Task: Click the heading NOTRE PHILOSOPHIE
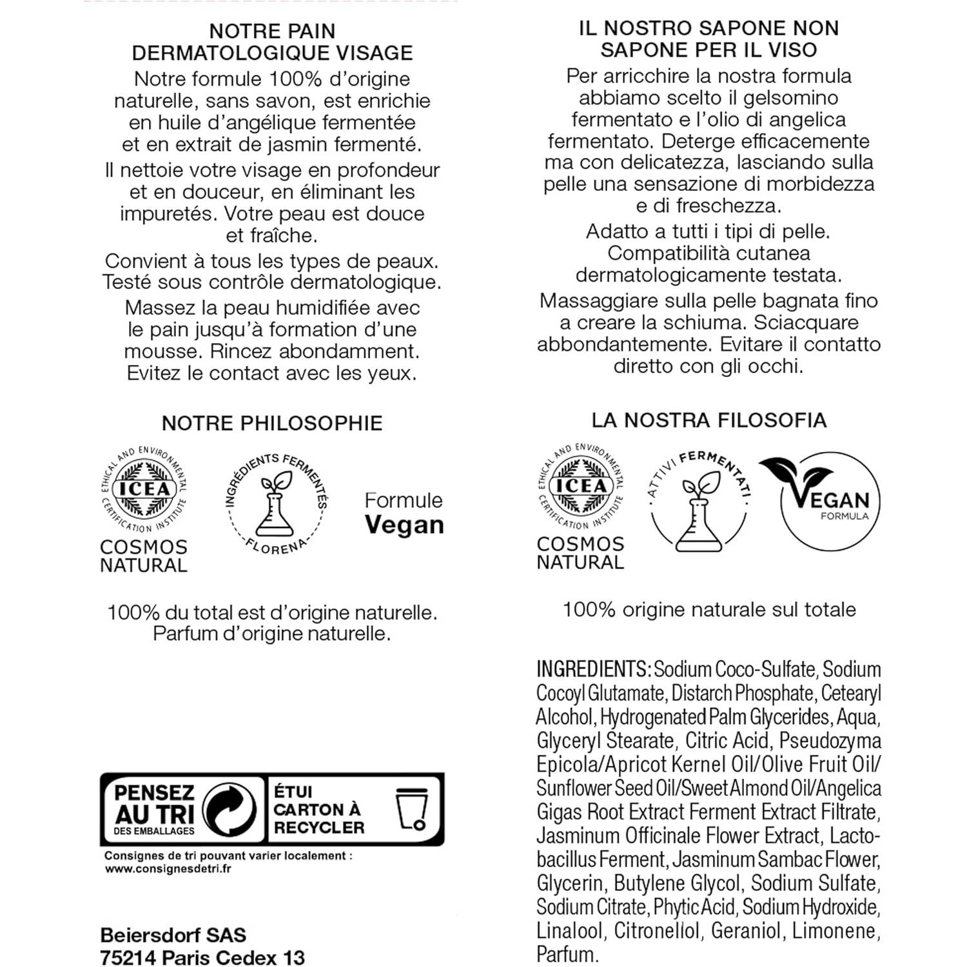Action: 271,423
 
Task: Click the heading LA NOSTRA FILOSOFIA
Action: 708,420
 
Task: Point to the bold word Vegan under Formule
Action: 404,525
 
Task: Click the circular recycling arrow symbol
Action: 230,809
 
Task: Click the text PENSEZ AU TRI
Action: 155,803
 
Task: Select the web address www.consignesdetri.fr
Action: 168,868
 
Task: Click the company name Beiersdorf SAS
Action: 173,935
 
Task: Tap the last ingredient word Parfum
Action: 567,954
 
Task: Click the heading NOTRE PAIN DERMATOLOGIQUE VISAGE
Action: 272,42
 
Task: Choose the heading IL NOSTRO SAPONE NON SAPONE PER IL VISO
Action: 708,39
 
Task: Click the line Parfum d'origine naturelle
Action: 271,634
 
